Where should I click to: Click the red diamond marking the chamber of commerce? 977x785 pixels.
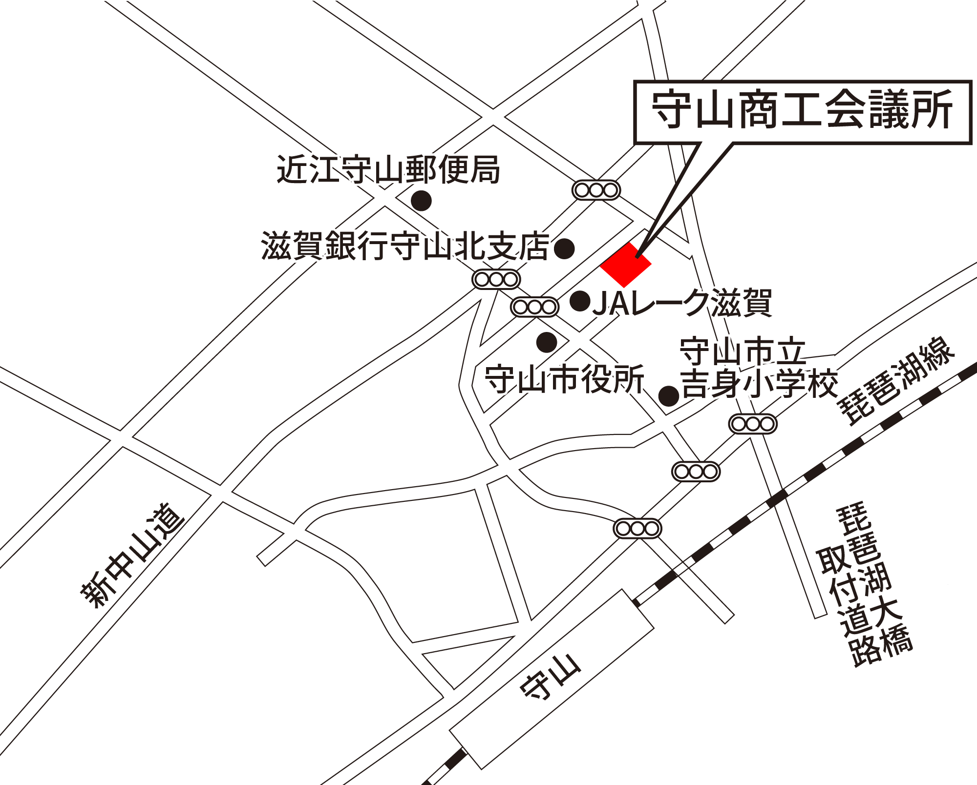[625, 265]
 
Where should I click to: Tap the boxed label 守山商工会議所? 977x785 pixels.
[802, 111]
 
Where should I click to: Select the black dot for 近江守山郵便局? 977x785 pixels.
[421, 200]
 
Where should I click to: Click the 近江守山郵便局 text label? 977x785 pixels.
[388, 170]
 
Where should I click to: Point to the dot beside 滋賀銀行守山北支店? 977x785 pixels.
[564, 248]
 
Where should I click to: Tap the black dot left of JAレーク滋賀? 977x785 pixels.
[580, 301]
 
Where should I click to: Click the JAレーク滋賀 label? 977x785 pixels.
[682, 303]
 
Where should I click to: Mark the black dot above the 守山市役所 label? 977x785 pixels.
[547, 342]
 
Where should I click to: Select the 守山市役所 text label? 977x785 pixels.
[564, 379]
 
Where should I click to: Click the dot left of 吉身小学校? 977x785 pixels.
[669, 396]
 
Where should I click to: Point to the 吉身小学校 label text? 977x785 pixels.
[760, 384]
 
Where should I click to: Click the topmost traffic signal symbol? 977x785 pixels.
[596, 190]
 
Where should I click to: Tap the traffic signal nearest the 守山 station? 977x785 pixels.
[637, 528]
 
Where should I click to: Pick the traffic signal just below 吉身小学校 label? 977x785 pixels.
[753, 424]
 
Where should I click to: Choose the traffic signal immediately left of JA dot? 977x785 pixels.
[535, 307]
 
